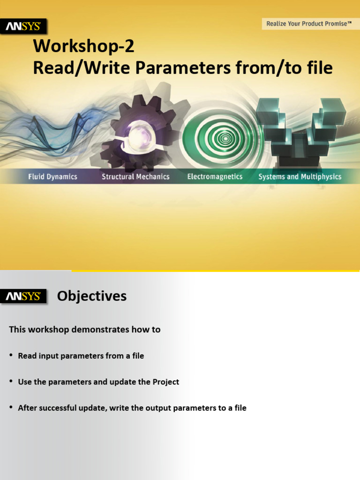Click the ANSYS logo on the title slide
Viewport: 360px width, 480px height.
click(23, 27)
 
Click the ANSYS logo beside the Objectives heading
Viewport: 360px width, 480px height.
click(23, 296)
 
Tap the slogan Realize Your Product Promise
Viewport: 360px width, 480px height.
click(309, 23)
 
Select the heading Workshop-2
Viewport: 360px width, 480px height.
click(83, 47)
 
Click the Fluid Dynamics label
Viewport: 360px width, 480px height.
click(52, 177)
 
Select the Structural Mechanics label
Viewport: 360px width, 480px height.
click(135, 177)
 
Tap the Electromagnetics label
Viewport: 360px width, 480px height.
click(215, 177)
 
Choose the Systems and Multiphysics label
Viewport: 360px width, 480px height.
click(300, 177)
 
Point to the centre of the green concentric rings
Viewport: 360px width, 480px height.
click(225, 138)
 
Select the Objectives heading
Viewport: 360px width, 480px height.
click(92, 296)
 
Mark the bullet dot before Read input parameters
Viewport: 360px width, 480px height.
click(11, 356)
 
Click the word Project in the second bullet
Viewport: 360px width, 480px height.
click(166, 382)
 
